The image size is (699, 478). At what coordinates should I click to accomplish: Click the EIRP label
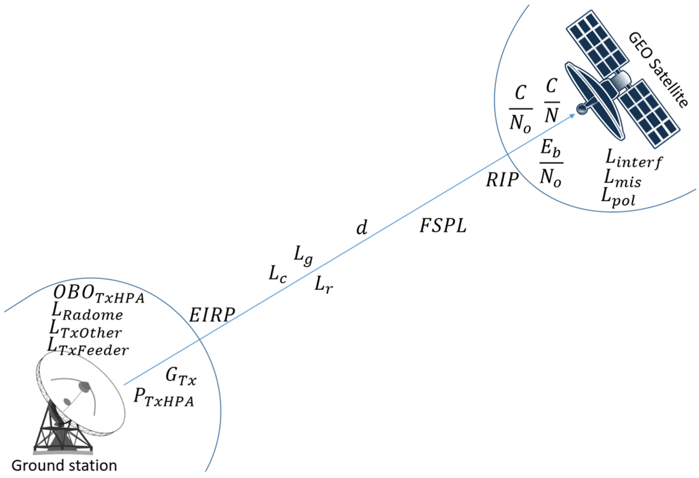[212, 315]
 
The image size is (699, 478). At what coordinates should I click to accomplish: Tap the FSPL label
[443, 226]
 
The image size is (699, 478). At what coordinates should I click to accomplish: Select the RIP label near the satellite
[502, 180]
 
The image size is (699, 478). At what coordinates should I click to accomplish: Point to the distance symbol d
[362, 228]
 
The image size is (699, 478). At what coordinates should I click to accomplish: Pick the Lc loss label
[278, 274]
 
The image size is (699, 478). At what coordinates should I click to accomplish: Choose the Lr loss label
[324, 284]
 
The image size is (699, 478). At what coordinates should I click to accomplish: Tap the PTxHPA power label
[164, 398]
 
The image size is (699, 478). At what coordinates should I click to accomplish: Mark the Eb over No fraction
[551, 163]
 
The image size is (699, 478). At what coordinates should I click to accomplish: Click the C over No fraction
[520, 109]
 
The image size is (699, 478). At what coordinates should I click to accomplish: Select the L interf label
[633, 159]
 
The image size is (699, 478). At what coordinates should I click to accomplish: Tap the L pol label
[618, 197]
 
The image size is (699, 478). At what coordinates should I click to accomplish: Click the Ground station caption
[64, 466]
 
